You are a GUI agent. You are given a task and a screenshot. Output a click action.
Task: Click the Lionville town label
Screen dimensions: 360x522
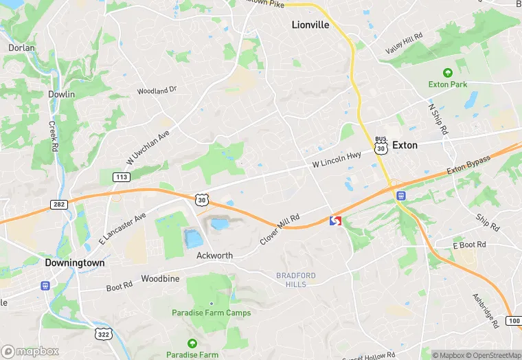tap(310, 25)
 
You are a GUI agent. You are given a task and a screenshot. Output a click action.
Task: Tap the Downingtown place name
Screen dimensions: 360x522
tap(74, 262)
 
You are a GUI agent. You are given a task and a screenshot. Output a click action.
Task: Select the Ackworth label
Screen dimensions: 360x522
tap(214, 256)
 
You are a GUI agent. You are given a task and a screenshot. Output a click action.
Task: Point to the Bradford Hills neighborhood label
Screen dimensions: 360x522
tap(296, 280)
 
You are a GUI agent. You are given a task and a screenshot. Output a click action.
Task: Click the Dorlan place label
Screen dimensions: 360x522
tap(21, 48)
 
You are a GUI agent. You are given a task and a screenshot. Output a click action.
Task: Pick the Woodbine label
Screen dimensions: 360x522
tap(160, 279)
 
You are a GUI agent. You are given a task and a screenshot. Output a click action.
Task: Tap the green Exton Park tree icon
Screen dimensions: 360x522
tap(448, 73)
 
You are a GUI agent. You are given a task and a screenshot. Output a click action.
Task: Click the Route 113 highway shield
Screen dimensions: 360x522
tap(122, 178)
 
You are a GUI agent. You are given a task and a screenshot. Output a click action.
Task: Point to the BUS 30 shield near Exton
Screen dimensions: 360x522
tap(381, 145)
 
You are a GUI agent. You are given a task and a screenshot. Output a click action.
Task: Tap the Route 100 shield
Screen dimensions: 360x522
tap(514, 322)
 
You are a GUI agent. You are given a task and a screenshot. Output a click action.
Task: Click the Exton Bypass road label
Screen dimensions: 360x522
tap(468, 165)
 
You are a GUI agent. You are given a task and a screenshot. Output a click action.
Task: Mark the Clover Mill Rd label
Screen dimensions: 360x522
tap(280, 229)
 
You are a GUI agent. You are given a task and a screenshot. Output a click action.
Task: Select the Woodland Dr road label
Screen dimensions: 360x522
tap(157, 90)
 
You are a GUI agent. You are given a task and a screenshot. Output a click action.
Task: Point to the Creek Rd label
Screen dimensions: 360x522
tap(53, 137)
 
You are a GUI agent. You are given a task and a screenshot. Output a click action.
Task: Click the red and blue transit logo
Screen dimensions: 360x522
tap(336, 221)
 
